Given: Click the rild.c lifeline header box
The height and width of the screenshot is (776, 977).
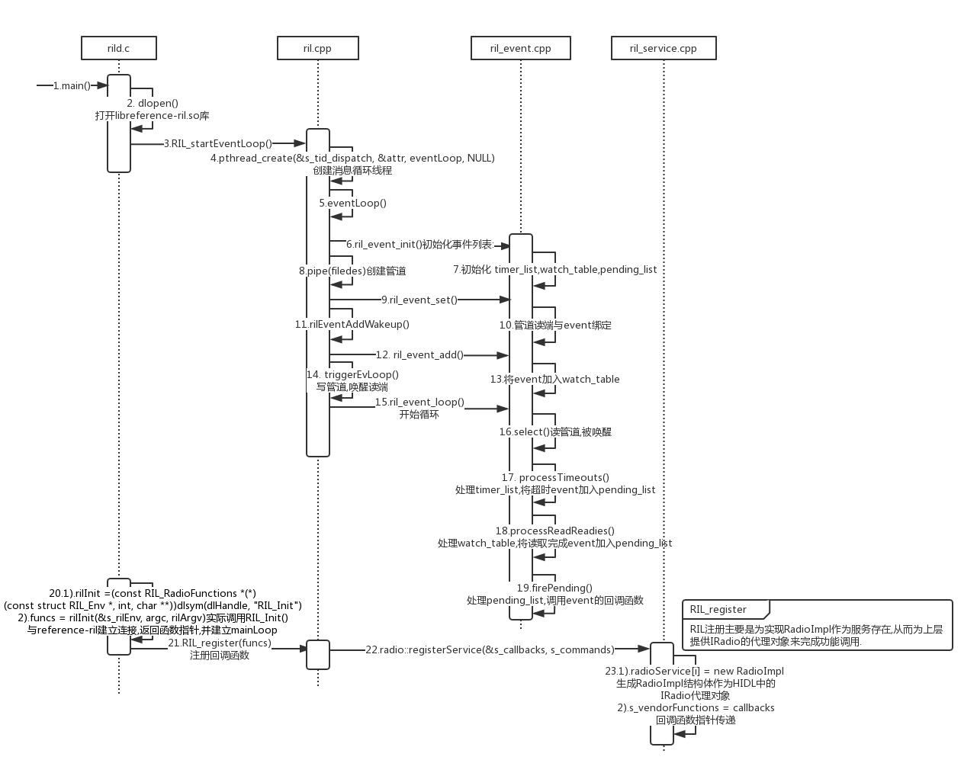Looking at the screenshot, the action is (119, 48).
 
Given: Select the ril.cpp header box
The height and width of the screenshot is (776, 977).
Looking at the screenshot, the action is (317, 48).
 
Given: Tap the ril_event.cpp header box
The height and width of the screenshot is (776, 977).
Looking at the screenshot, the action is (521, 48).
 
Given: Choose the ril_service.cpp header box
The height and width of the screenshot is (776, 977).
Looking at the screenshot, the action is (664, 48).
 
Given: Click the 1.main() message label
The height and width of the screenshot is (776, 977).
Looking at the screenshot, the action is (72, 85).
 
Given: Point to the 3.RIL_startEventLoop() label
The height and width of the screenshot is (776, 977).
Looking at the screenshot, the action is (217, 143).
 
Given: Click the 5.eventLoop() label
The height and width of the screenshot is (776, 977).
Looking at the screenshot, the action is (352, 203).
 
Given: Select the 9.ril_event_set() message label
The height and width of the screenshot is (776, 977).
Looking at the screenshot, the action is (419, 300).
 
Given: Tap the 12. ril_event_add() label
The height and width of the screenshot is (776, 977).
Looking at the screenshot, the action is (419, 354).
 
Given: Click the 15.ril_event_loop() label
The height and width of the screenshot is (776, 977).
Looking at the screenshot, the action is (419, 402).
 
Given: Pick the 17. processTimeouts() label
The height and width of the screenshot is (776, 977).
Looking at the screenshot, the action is (555, 477).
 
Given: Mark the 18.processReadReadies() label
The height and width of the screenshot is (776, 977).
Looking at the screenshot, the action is (554, 531).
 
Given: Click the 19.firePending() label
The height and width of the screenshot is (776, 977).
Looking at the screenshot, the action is (554, 588).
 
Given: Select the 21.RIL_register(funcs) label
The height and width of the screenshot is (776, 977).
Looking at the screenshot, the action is (220, 643).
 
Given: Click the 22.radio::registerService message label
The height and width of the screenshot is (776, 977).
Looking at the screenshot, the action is (490, 649).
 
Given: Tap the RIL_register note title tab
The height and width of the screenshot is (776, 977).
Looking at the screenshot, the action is (718, 609).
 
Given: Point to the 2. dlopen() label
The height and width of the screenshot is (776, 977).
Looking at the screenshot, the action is (153, 103).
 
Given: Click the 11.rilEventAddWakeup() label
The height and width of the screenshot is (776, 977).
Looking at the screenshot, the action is (352, 324).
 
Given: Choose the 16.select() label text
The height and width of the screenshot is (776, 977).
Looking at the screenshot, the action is (555, 431).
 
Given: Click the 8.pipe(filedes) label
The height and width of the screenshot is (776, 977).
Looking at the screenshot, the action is (352, 271).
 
